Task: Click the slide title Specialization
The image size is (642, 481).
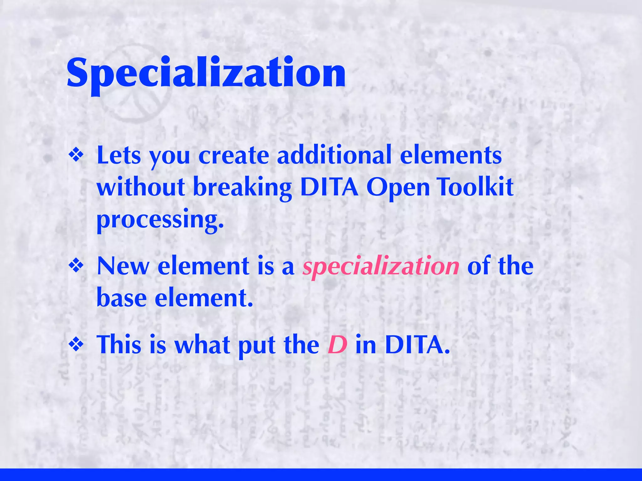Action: click(x=206, y=74)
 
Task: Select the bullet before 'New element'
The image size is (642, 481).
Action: click(x=76, y=266)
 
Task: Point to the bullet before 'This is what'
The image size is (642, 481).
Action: click(x=76, y=345)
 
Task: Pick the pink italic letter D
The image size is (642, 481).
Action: click(x=337, y=345)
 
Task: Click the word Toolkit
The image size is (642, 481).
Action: click(x=475, y=187)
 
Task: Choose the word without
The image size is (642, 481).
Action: click(x=141, y=187)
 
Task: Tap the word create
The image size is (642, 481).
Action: click(x=234, y=156)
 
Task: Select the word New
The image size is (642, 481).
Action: click(x=123, y=266)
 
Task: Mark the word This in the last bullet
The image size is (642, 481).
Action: click(x=119, y=345)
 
